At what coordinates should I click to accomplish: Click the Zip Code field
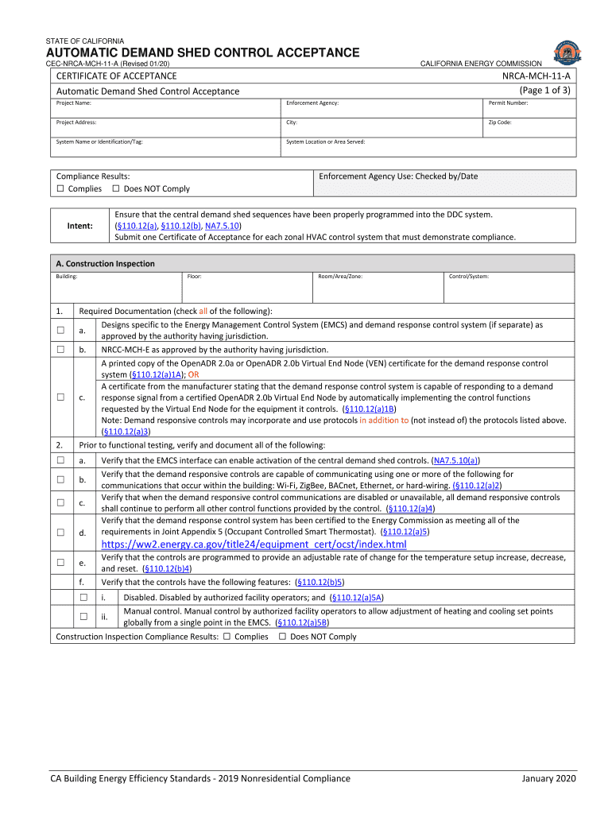pos(529,127)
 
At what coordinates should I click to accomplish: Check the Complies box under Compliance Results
pos(60,189)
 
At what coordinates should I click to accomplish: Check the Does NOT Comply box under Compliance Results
pos(115,189)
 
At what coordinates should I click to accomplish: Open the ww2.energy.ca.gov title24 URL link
pos(254,545)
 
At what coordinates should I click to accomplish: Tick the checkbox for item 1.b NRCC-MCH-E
pos(60,350)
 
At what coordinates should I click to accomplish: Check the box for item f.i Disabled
pos(83,597)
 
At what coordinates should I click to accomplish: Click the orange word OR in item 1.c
pos(194,374)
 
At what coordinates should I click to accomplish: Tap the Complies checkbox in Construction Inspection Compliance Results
pos(227,637)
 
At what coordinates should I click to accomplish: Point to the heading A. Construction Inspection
pos(105,264)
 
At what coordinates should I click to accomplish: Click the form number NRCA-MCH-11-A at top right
pos(536,76)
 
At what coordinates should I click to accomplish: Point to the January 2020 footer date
pos(548,778)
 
